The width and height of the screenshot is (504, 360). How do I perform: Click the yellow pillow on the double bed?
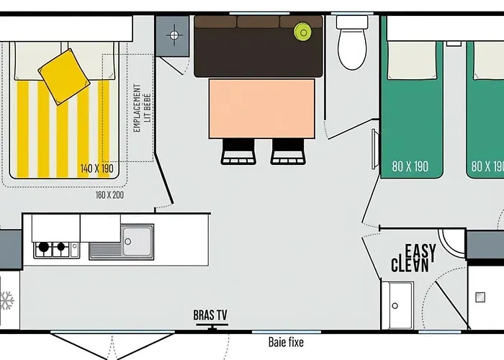[64, 76]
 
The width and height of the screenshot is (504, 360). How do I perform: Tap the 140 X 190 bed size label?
[97, 168]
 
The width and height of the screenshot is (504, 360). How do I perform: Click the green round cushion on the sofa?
[302, 32]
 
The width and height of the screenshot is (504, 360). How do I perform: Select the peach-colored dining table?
[261, 108]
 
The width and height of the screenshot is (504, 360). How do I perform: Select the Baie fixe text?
[284, 343]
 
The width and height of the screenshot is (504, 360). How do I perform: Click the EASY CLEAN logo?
[412, 258]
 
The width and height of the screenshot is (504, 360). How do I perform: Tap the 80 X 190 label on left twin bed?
[410, 166]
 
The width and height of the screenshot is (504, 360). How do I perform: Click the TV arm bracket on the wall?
[211, 328]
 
